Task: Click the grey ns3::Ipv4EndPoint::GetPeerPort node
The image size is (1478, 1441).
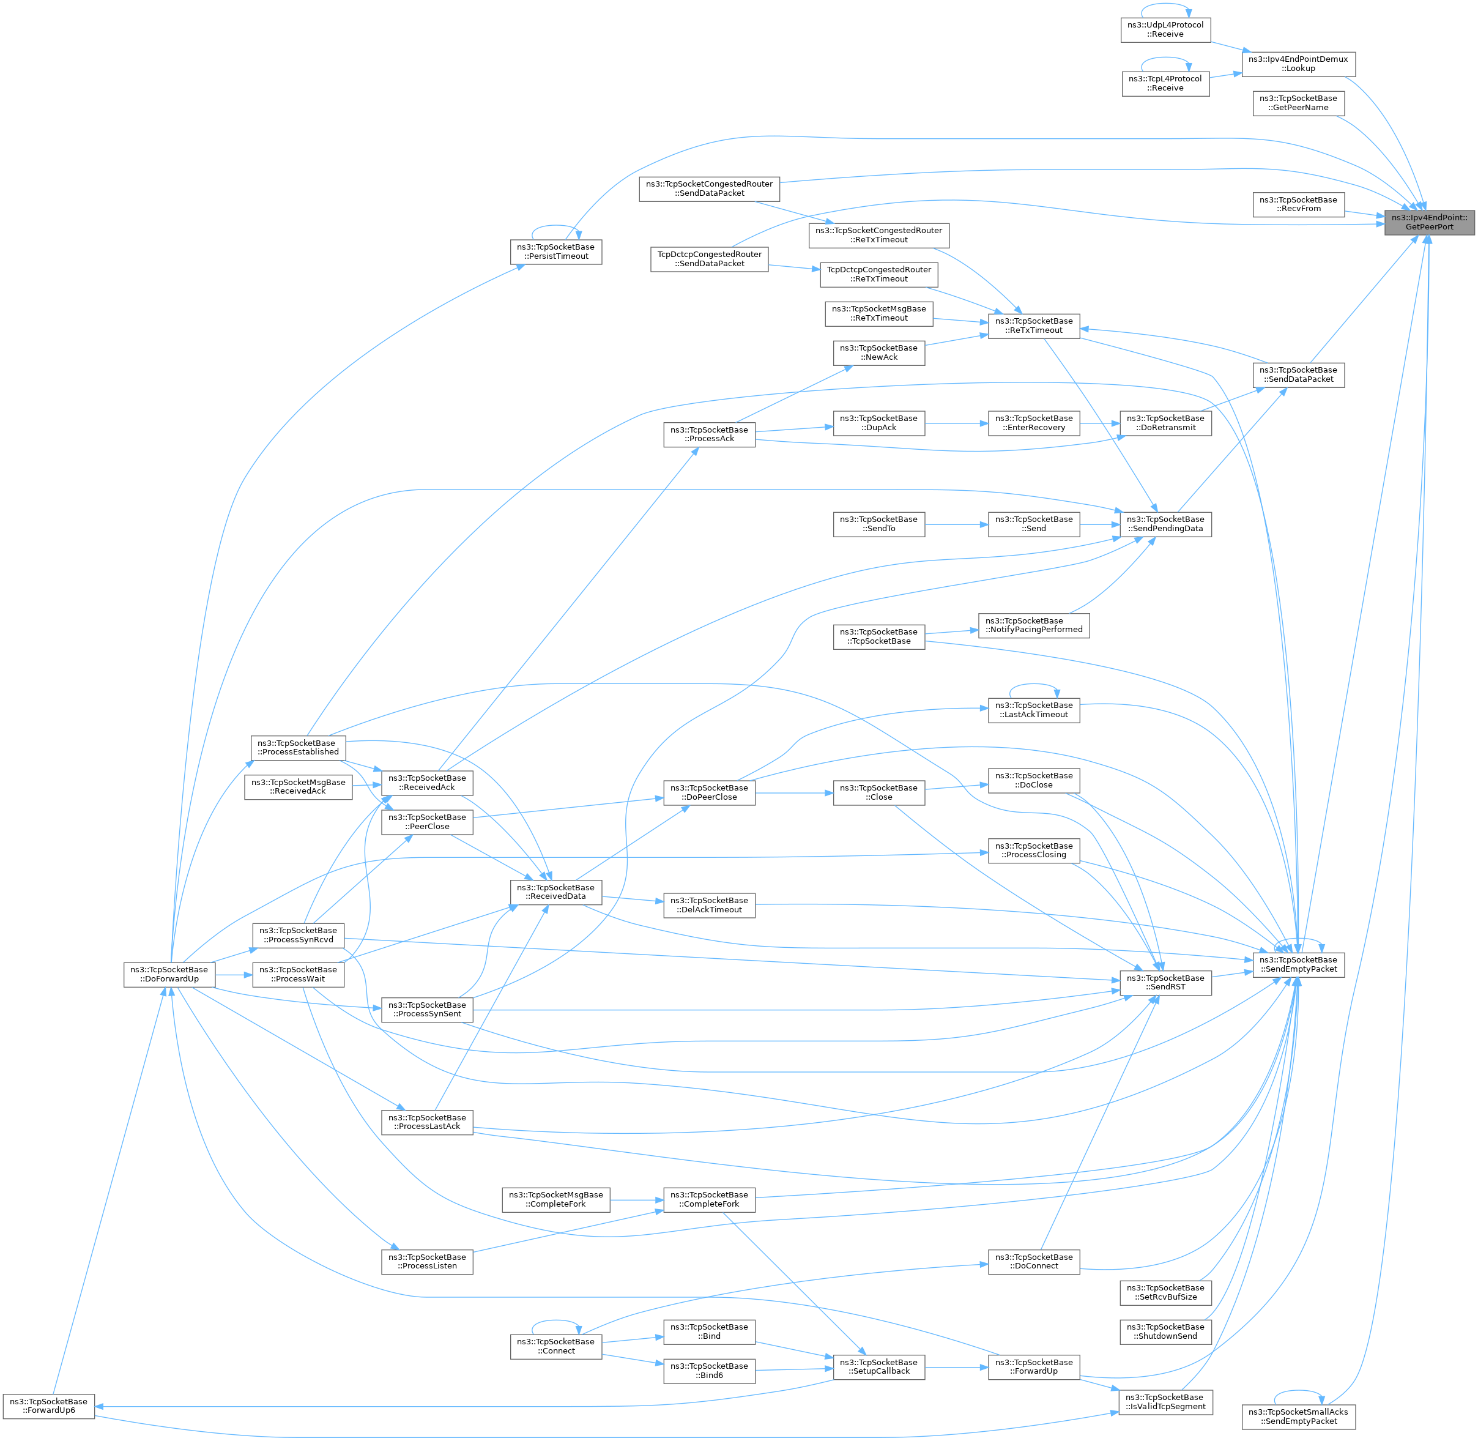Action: click(x=1429, y=223)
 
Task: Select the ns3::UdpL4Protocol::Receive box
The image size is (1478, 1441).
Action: click(x=1165, y=29)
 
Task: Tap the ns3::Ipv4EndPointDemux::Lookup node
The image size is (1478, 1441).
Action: click(x=1298, y=64)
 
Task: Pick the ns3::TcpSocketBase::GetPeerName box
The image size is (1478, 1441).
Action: click(x=1298, y=103)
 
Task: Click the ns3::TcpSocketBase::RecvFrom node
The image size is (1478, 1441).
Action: click(x=1298, y=204)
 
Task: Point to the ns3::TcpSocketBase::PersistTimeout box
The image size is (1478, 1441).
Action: click(x=555, y=252)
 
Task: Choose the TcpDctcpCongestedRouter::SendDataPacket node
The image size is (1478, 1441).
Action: click(x=709, y=259)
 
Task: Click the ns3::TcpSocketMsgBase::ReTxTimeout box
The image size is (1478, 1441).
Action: click(x=878, y=313)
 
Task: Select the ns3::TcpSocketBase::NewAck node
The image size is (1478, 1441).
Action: click(x=878, y=352)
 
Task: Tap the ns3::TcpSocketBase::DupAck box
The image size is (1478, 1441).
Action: click(x=878, y=423)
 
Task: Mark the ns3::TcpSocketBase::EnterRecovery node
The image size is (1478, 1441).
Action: click(x=1034, y=423)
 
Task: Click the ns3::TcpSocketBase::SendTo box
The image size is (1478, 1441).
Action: click(x=878, y=524)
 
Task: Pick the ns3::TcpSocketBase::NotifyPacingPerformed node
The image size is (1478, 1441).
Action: click(x=1034, y=625)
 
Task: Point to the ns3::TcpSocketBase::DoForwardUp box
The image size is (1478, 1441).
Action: click(x=169, y=974)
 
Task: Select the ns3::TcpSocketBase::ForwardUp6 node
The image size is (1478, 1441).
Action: click(x=48, y=1406)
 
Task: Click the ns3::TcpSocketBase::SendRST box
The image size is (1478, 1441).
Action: click(x=1165, y=982)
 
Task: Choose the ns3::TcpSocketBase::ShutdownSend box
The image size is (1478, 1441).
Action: click(x=1165, y=1331)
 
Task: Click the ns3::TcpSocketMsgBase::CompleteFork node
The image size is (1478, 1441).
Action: click(x=555, y=1199)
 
